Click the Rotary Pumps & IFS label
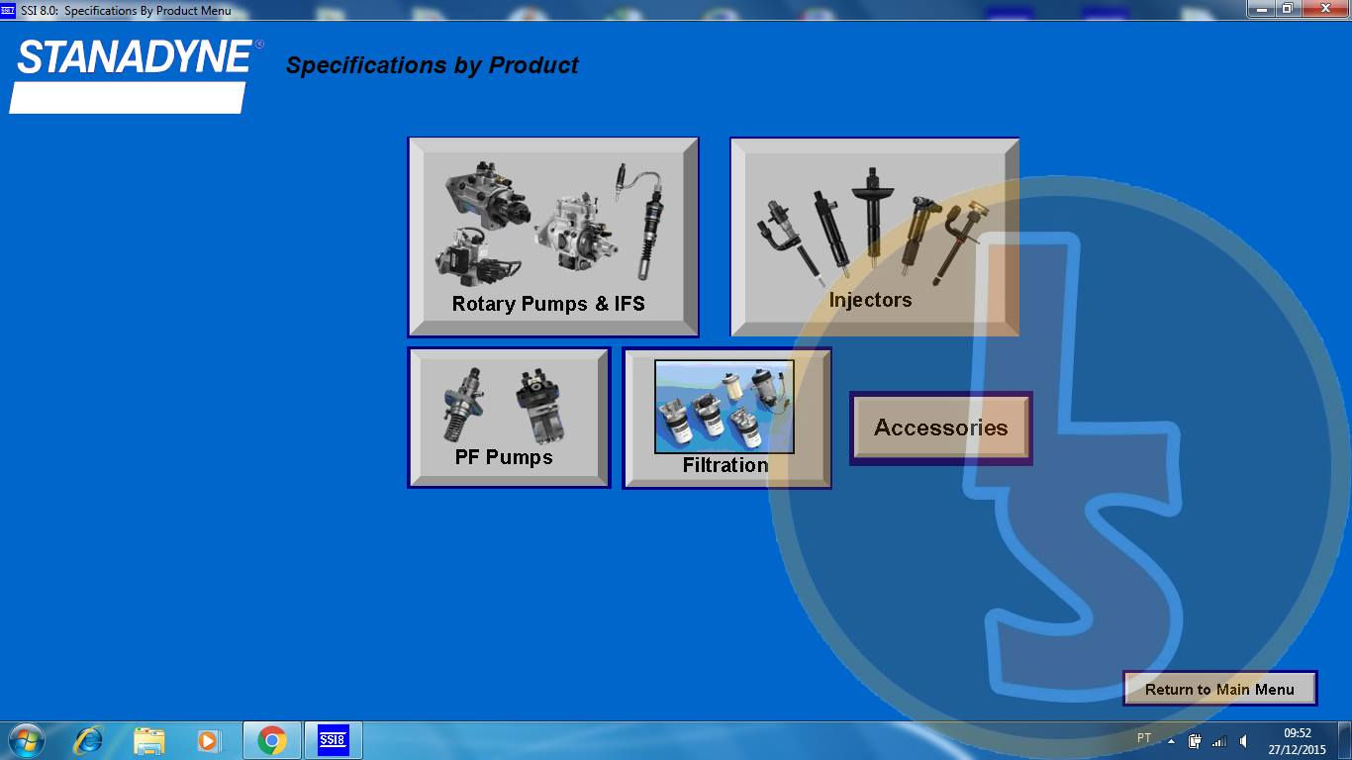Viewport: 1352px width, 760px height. [548, 304]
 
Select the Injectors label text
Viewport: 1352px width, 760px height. [870, 300]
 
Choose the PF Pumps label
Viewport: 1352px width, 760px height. [504, 457]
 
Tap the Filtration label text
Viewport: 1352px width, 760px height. [725, 465]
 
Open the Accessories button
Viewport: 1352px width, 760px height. [940, 427]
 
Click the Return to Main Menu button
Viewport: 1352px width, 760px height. [1219, 690]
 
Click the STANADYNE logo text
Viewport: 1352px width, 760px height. [135, 58]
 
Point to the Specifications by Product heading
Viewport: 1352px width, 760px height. [432, 65]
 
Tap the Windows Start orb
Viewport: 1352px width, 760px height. [26, 740]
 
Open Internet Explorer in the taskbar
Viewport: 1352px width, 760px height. [88, 740]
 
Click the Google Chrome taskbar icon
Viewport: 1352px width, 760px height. [271, 740]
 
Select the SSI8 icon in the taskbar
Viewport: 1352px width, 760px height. [333, 740]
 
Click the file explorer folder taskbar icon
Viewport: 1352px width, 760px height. [149, 740]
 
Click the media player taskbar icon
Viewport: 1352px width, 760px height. [208, 740]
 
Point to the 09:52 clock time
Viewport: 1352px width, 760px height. [1297, 733]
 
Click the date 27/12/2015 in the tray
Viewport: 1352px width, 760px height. [1297, 749]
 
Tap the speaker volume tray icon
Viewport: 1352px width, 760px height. [1243, 741]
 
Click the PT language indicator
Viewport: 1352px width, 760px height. [1144, 738]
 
